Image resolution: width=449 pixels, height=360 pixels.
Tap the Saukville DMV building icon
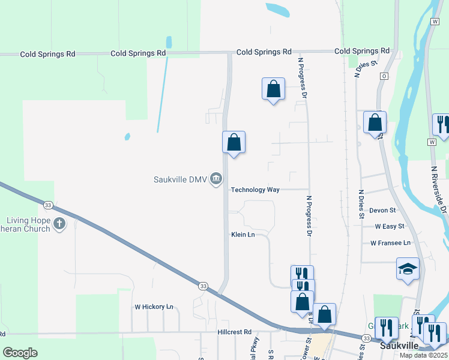[216, 179]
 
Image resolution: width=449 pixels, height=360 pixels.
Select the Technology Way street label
[256, 190]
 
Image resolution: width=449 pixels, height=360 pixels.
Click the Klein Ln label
[243, 235]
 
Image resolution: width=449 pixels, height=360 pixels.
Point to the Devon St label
[383, 211]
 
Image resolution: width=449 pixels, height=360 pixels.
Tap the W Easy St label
[390, 227]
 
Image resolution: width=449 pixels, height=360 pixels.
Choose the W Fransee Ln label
[390, 243]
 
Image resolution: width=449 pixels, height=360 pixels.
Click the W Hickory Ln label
[154, 307]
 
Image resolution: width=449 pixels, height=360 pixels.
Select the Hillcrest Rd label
[235, 332]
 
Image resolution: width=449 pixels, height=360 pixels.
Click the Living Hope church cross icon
[59, 224]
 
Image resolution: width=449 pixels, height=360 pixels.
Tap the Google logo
[20, 353]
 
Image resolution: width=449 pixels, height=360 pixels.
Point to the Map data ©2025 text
[423, 355]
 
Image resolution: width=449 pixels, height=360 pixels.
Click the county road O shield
[384, 76]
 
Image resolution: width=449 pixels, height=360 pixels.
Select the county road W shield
[432, 142]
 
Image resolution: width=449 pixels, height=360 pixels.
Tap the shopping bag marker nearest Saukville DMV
[234, 143]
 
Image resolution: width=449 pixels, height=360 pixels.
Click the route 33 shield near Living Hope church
[49, 205]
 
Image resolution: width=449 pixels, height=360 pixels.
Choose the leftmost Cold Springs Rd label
[47, 54]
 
